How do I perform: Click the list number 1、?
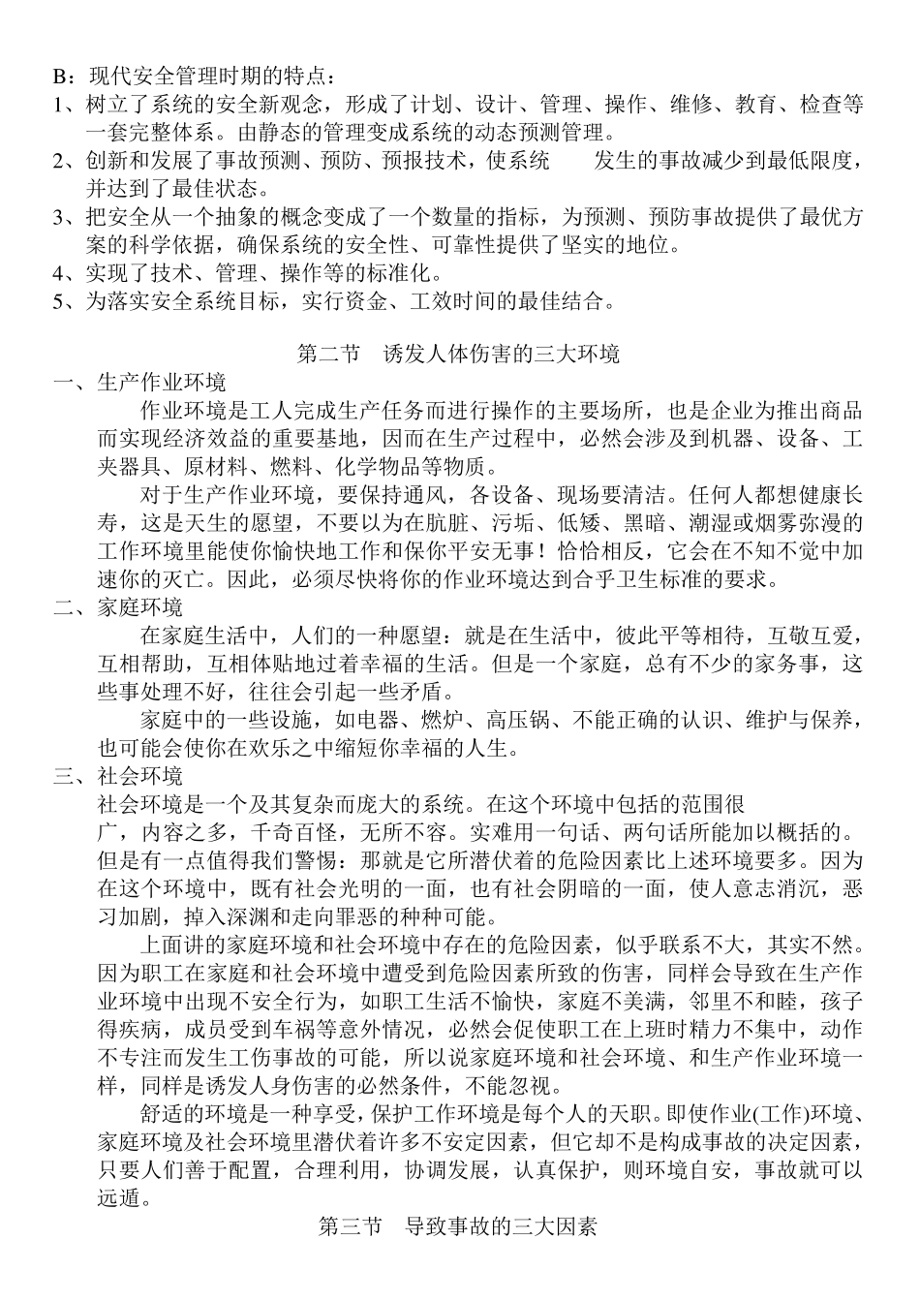[64, 105]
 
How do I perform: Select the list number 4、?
[64, 273]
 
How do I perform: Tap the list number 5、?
[64, 301]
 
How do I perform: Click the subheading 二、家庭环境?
[118, 607]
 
